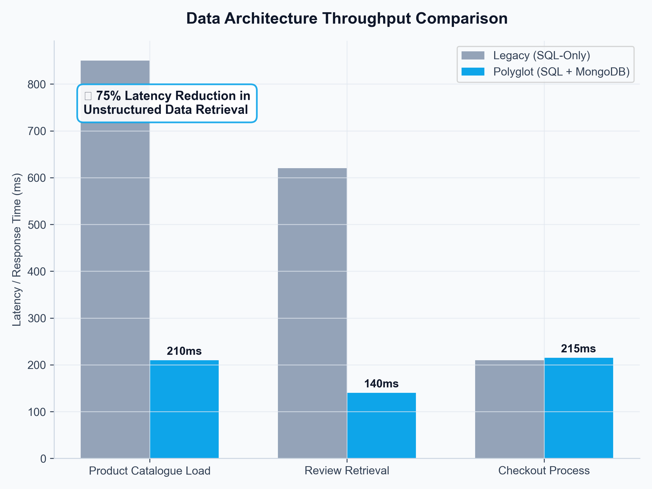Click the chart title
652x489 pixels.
coord(347,18)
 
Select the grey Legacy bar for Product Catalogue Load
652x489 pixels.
coord(115,265)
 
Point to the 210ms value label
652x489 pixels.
coord(184,351)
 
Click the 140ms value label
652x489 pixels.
coord(381,384)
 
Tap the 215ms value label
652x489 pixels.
coord(578,349)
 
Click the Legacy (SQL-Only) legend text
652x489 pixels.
coord(541,55)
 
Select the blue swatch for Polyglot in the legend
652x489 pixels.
coord(473,72)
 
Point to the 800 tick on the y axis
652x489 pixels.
coord(37,84)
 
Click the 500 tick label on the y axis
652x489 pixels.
coord(37,225)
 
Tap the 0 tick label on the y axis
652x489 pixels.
coord(43,459)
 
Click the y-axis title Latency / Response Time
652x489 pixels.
coord(17,250)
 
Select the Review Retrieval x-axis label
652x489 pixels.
coord(347,471)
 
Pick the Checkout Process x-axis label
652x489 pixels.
coord(544,471)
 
